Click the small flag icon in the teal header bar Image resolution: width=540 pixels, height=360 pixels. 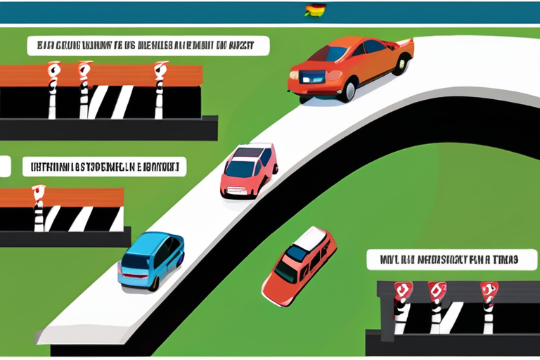click(314, 11)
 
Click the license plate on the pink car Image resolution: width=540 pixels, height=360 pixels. click(235, 186)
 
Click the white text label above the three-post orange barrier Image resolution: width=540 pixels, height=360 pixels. click(148, 46)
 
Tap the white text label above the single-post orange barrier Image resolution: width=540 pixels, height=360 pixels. click(103, 167)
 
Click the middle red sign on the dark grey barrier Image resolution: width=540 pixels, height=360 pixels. click(437, 290)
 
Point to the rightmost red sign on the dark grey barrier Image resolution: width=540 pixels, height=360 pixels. click(489, 290)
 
